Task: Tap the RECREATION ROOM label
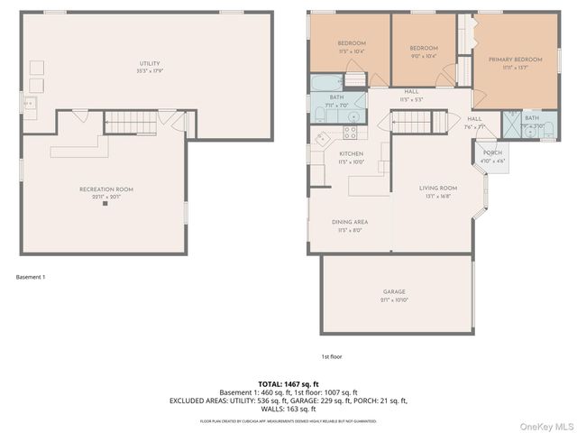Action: pos(106,189)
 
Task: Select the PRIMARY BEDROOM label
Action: pos(513,60)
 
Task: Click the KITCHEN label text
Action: pos(351,154)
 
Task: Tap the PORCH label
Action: pos(492,152)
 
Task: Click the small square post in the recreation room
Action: pos(105,204)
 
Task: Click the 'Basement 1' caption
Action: pos(31,277)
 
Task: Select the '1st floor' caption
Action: pos(332,356)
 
